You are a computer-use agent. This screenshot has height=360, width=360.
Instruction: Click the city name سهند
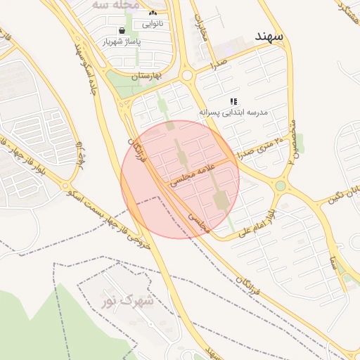click(269, 35)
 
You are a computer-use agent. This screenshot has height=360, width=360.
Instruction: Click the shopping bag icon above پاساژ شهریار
click(123, 31)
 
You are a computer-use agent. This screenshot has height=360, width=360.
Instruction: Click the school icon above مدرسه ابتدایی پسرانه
click(233, 101)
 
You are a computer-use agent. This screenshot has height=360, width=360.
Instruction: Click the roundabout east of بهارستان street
click(186, 75)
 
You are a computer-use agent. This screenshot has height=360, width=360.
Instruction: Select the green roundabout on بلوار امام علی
click(281, 186)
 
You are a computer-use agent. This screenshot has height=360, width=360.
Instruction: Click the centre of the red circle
click(180, 179)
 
